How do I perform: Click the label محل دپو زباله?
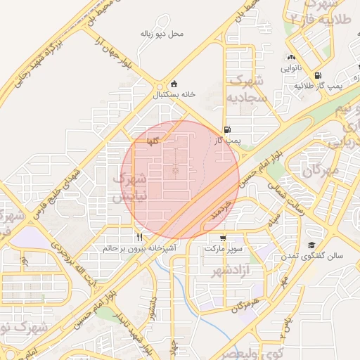pos(162,33)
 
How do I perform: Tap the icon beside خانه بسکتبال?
pos(174,84)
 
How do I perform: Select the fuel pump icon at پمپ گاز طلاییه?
pos(319,75)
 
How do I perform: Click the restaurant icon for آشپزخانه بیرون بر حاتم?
pos(139,237)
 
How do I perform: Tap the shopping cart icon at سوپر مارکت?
pos(223,238)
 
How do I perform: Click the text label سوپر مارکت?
pos(223,249)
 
